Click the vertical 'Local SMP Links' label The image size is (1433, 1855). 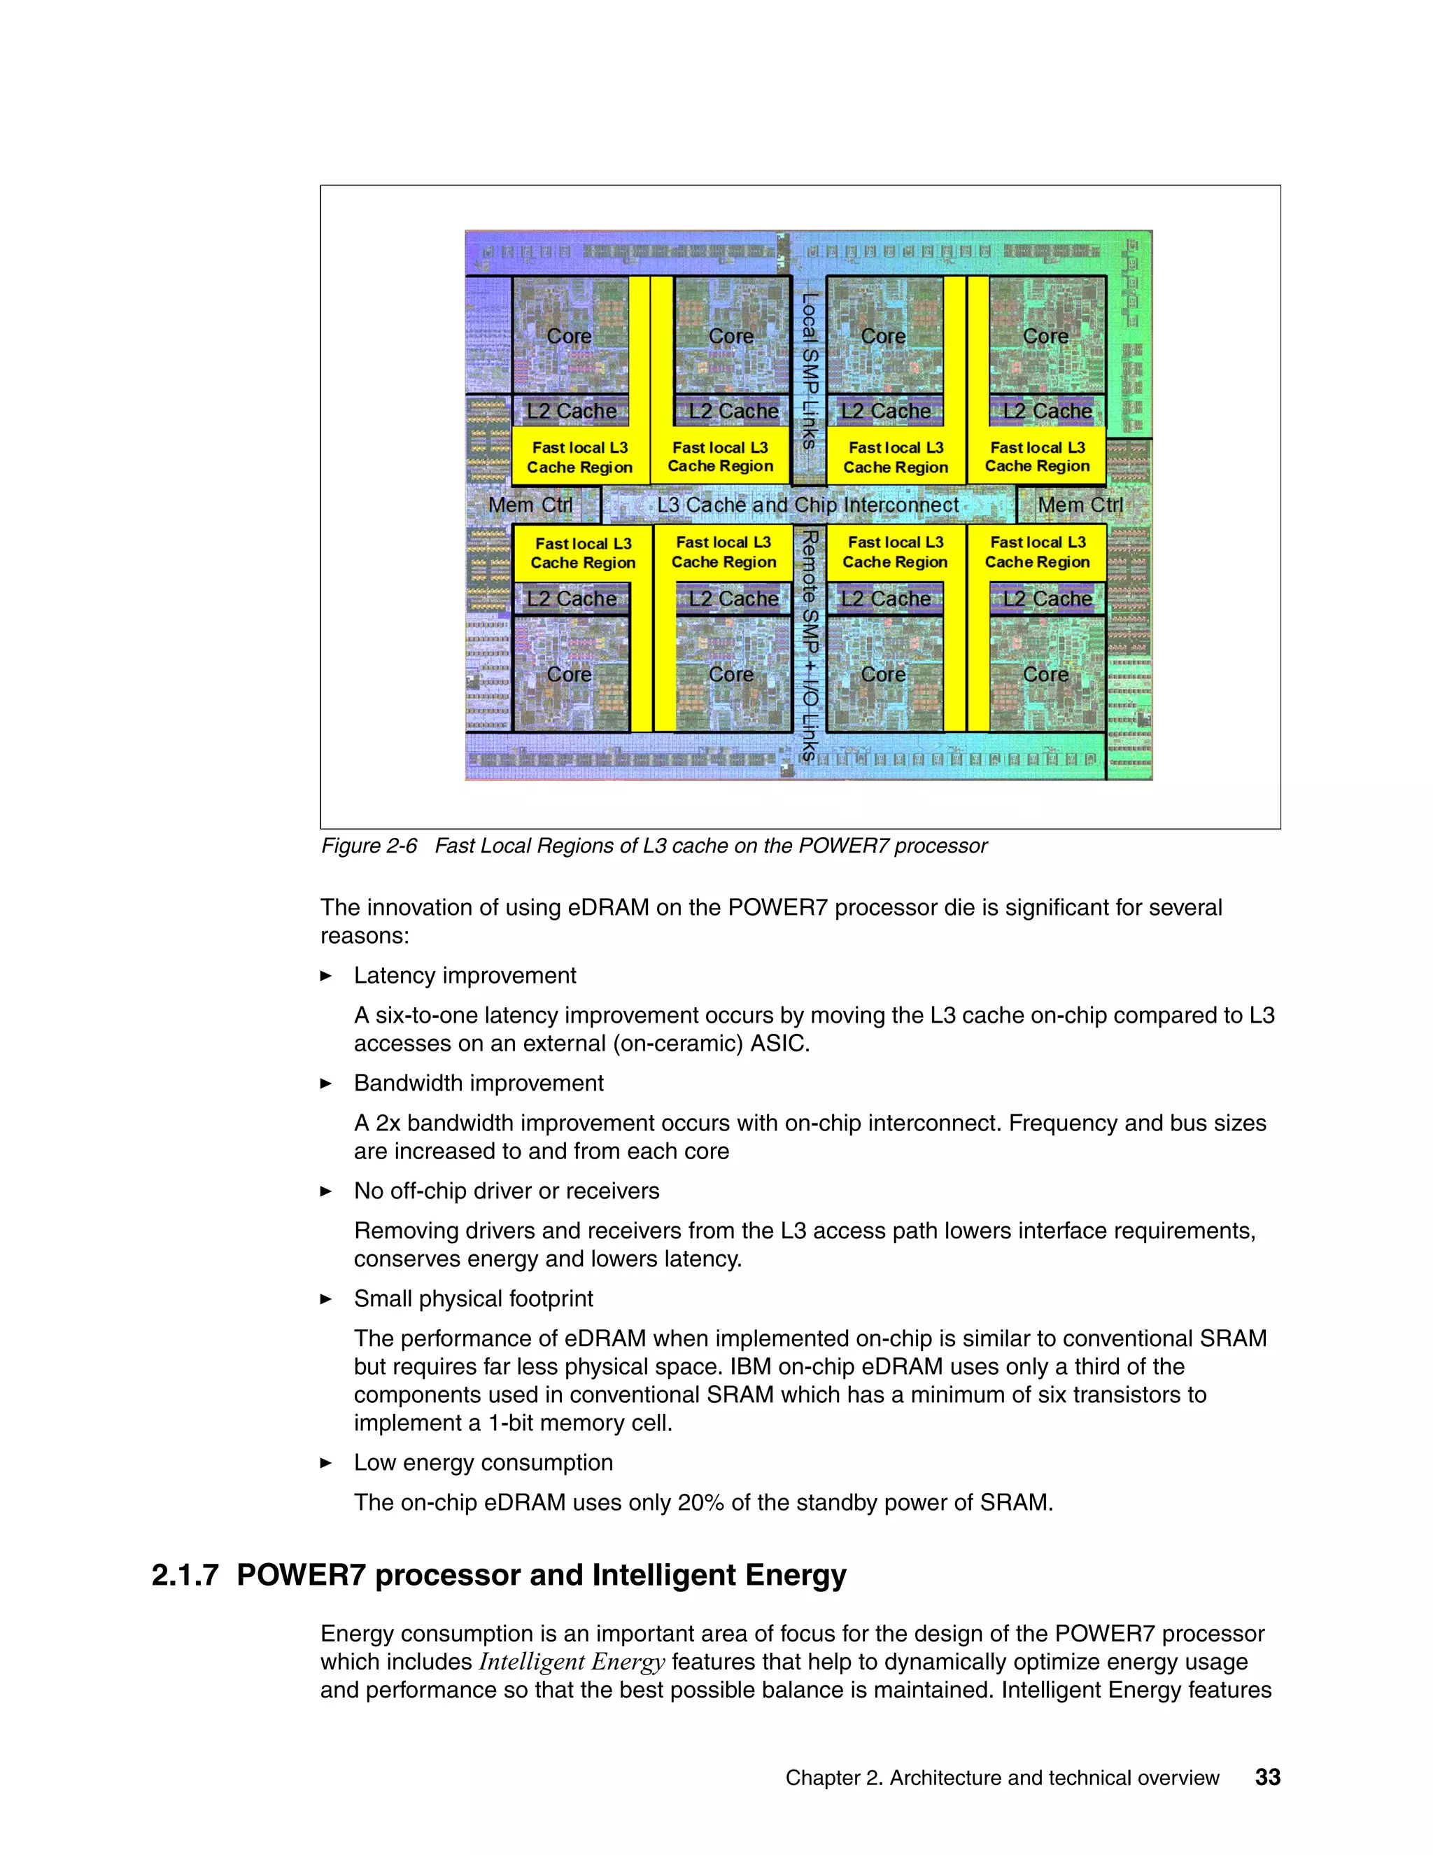[809, 370]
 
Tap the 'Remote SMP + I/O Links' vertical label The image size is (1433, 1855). [810, 645]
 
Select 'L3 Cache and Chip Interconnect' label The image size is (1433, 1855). [807, 505]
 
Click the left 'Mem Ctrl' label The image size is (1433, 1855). [530, 505]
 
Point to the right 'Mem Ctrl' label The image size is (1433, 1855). [1080, 505]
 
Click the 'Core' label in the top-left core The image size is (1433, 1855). [569, 336]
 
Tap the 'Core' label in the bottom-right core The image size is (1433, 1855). [1045, 674]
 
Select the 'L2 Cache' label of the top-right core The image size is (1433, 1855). [1047, 411]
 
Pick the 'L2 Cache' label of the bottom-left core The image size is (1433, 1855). [572, 598]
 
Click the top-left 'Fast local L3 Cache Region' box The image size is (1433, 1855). [580, 457]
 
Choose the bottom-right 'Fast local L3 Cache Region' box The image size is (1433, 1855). [1036, 552]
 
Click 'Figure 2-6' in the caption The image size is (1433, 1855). [369, 846]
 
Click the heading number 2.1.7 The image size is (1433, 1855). [185, 1576]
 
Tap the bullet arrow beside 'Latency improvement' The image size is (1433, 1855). [326, 976]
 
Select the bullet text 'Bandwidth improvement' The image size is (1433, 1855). [479, 1083]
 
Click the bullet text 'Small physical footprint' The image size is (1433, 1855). [473, 1298]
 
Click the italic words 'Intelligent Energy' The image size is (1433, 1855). [572, 1662]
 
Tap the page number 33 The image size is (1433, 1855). [1267, 1777]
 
